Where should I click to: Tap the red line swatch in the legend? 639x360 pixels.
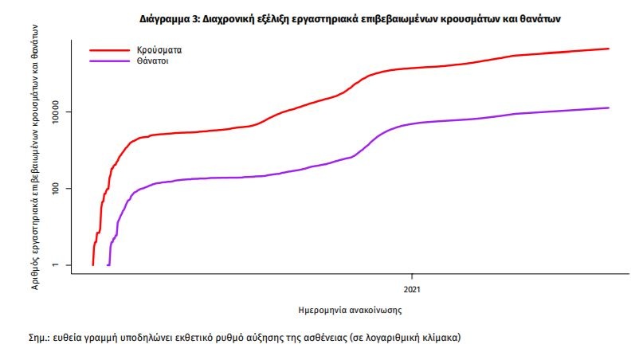click(x=108, y=49)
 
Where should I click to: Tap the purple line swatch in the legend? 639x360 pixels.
click(x=108, y=61)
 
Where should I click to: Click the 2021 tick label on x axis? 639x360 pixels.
click(x=412, y=288)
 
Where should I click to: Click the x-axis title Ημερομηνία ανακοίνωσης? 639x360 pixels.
click(x=352, y=310)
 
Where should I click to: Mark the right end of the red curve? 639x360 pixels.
click(x=609, y=49)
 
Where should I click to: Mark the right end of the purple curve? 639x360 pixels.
click(x=609, y=108)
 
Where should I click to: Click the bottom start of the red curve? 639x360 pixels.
click(x=93, y=264)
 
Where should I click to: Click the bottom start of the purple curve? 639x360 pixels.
click(x=108, y=264)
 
